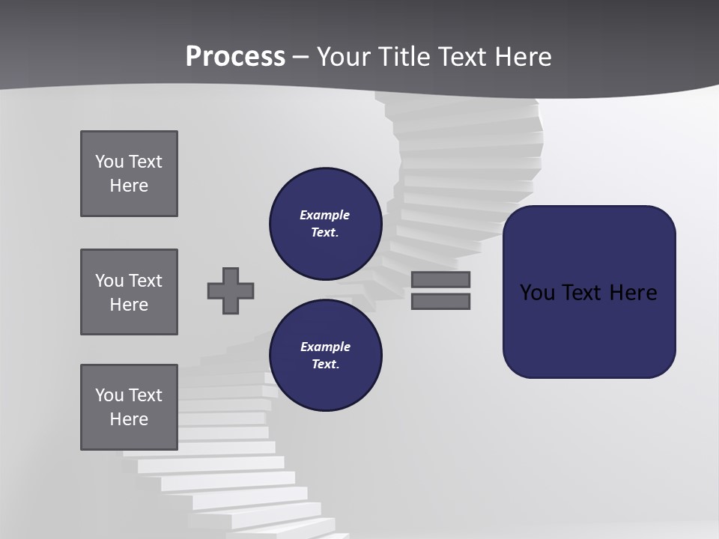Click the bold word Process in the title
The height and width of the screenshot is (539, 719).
235,57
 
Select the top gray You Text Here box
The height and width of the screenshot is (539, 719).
129,174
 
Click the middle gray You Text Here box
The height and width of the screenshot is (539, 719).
129,292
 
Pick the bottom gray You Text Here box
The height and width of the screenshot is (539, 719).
129,407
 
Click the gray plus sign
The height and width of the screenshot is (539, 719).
231,290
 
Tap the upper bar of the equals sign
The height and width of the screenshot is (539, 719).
440,279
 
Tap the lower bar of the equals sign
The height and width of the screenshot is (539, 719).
440,302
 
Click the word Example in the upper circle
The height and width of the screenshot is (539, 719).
325,215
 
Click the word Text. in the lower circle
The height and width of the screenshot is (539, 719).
325,365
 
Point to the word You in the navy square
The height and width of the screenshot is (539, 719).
537,293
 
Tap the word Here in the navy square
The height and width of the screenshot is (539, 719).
633,293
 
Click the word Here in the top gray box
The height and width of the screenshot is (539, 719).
129,186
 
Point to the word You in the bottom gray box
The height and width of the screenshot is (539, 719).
109,395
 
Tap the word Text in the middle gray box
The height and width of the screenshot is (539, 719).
145,281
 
